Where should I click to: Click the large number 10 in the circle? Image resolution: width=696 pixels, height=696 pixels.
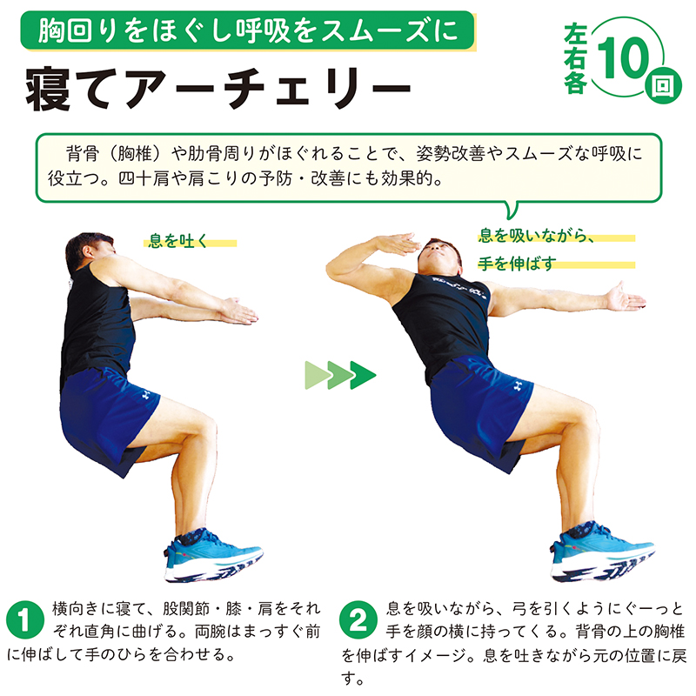coord(624,57)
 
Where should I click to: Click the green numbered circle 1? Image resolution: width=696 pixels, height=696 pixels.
coord(25,619)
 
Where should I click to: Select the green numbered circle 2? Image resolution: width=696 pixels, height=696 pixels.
coord(358,619)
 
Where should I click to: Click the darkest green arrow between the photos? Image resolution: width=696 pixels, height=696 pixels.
coord(363,375)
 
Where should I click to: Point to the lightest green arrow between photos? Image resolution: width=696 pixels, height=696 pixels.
coord(318,375)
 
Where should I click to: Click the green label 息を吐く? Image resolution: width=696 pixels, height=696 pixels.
coord(178,241)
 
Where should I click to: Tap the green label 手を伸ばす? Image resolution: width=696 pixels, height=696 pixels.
coord(517,264)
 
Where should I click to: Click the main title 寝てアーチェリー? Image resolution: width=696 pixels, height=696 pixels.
coord(218,89)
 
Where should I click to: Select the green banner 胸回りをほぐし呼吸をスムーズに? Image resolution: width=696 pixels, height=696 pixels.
coord(247,30)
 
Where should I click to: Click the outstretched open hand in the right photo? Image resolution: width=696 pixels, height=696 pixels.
coord(625,298)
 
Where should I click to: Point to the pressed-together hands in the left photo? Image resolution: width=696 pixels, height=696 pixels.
coord(239,311)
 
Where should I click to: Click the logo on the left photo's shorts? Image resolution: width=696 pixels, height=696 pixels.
coord(144,395)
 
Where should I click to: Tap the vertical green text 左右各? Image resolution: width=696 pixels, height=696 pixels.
coord(576,57)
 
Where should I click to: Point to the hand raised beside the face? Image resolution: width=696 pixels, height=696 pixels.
coord(397,244)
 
